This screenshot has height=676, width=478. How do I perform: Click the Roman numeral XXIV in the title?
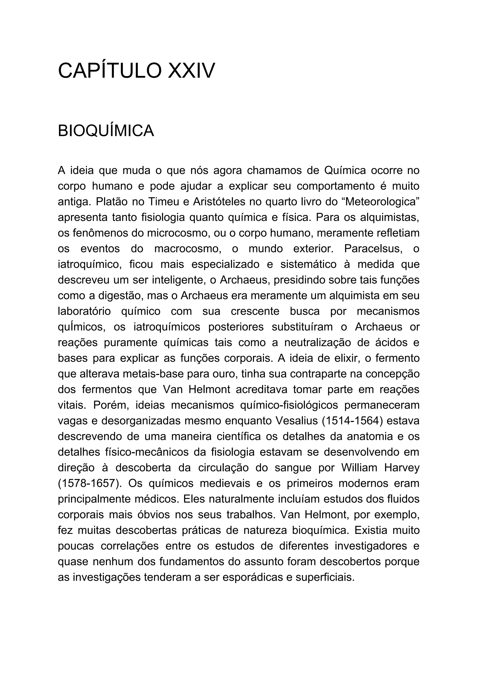[x=191, y=71]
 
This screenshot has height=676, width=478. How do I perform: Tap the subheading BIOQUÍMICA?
[x=106, y=131]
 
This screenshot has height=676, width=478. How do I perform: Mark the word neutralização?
[x=317, y=343]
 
